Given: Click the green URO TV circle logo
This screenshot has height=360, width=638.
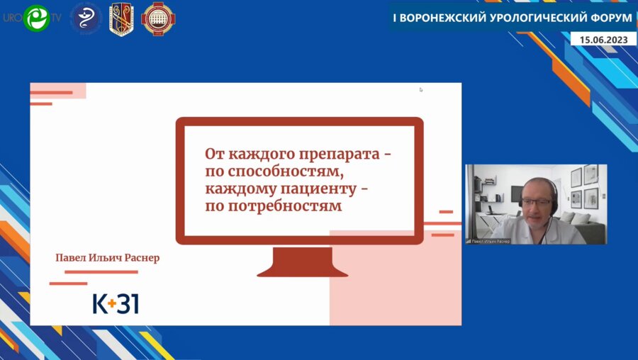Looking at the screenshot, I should coord(35,18).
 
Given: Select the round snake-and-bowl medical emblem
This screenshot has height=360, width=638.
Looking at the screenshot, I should coord(86,18).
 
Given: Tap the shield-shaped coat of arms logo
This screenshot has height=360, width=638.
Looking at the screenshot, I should coord(121,18).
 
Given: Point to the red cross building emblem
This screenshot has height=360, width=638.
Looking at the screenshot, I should coord(157,18).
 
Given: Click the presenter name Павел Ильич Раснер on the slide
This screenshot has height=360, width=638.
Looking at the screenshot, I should coord(108,258).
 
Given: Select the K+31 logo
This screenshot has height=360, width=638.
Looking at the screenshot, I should coord(116,303).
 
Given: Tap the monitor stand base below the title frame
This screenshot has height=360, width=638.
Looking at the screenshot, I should coord(302,269).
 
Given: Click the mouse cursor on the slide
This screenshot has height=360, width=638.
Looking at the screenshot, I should coord(421,90).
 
